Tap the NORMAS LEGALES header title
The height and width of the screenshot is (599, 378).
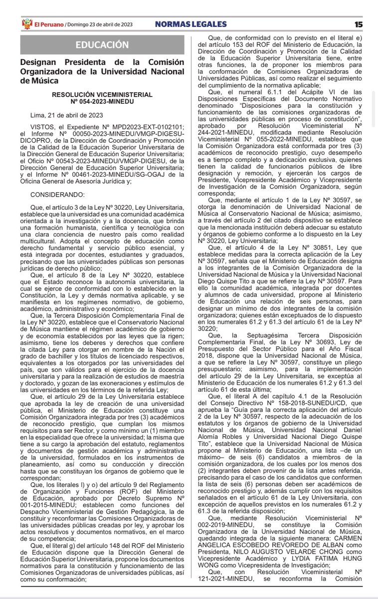[x=190, y=24]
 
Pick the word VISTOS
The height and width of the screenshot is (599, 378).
[x=42, y=128]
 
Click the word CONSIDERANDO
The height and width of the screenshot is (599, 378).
[x=57, y=179]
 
